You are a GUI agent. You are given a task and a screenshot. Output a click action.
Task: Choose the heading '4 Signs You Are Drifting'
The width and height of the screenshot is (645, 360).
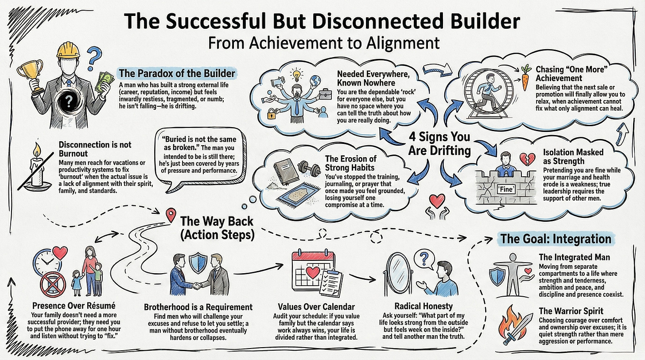click(x=439, y=143)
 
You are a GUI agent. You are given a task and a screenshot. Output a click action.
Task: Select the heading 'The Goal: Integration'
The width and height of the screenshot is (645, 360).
click(x=556, y=239)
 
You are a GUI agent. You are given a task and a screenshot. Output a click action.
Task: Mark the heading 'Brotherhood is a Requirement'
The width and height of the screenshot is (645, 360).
click(x=198, y=307)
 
